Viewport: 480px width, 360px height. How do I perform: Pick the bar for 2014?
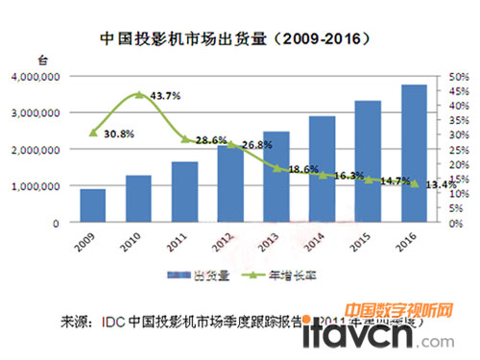point(323,169)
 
